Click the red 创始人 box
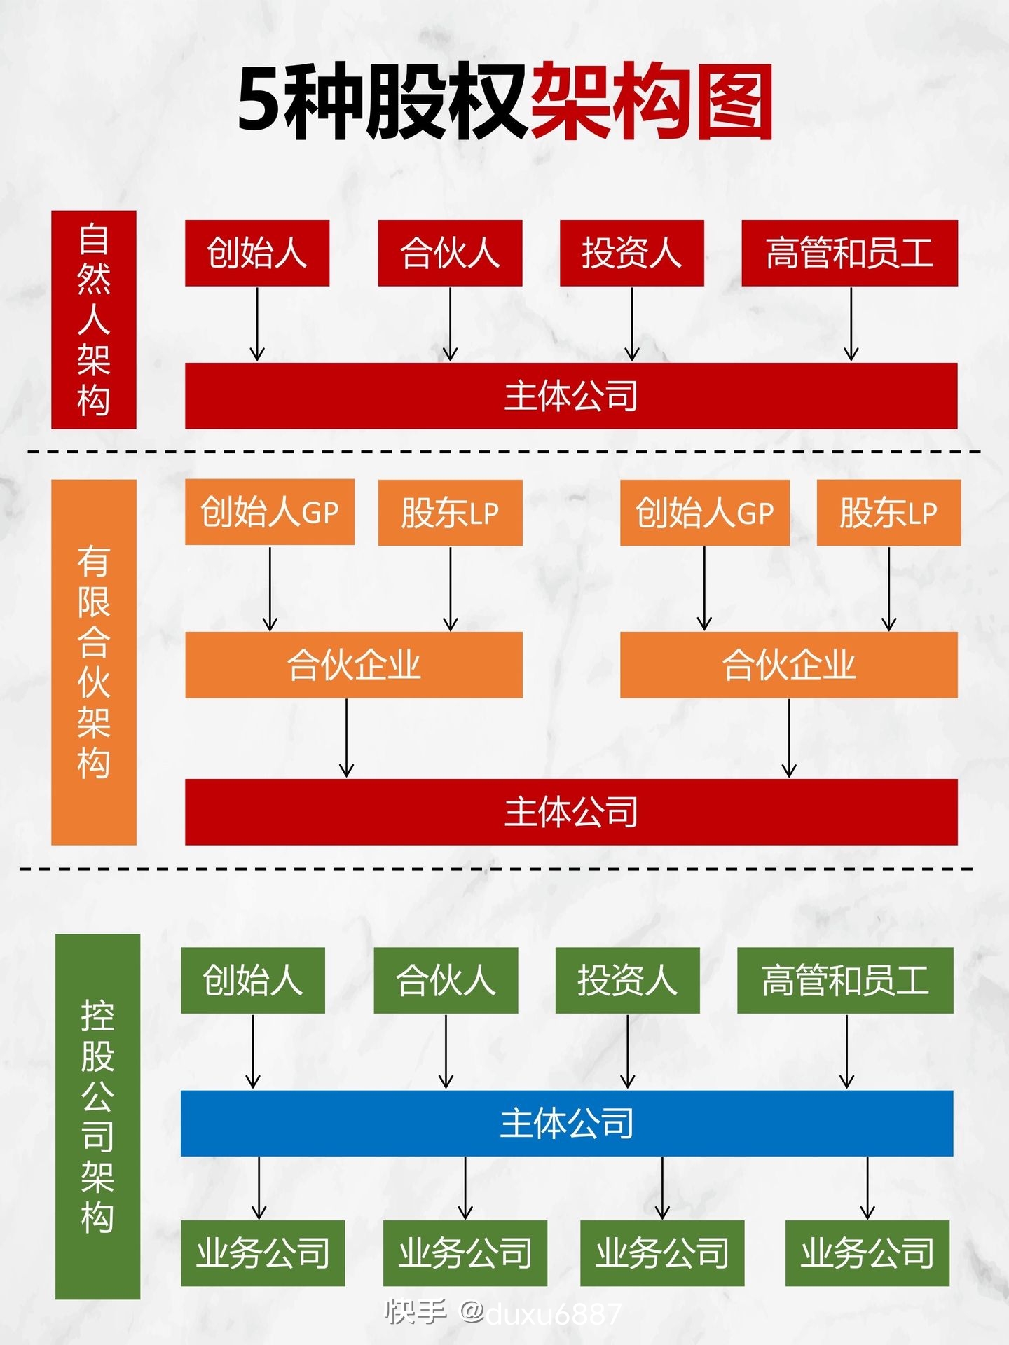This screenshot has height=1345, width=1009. coord(256,253)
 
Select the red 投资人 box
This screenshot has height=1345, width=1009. coord(631,253)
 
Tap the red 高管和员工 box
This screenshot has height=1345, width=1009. coord(849,253)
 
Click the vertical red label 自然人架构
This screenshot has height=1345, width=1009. coord(93,319)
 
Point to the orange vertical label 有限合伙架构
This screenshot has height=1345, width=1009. coord(93,662)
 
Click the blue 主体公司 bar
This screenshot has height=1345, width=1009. coord(566,1123)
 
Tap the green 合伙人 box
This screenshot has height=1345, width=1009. coord(446,980)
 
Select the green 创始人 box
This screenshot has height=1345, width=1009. coord(252,980)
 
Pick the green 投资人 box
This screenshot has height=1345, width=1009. coord(627,980)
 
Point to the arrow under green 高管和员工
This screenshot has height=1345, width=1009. coord(846,1051)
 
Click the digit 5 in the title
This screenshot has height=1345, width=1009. coord(261,102)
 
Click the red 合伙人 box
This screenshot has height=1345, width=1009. coord(450,253)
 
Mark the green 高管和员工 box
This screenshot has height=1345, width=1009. coord(845,980)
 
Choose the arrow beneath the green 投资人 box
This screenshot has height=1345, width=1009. coord(627,1051)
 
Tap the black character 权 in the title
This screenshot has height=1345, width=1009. coord(486,102)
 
